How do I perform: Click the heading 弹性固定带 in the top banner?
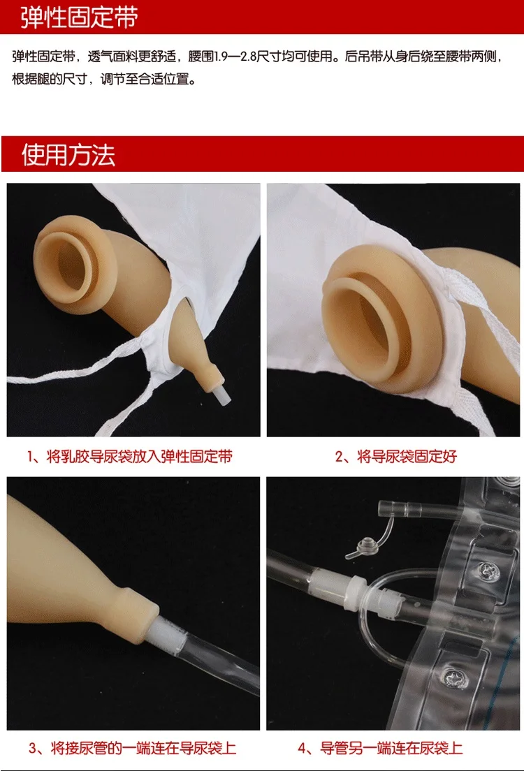(x=78, y=17)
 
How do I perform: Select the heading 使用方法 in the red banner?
(x=68, y=154)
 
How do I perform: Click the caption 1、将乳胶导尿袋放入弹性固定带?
(x=129, y=457)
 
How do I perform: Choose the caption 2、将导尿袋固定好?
(x=395, y=457)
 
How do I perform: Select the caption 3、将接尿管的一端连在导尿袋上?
(x=132, y=749)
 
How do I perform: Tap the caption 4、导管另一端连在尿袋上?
(x=380, y=749)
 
